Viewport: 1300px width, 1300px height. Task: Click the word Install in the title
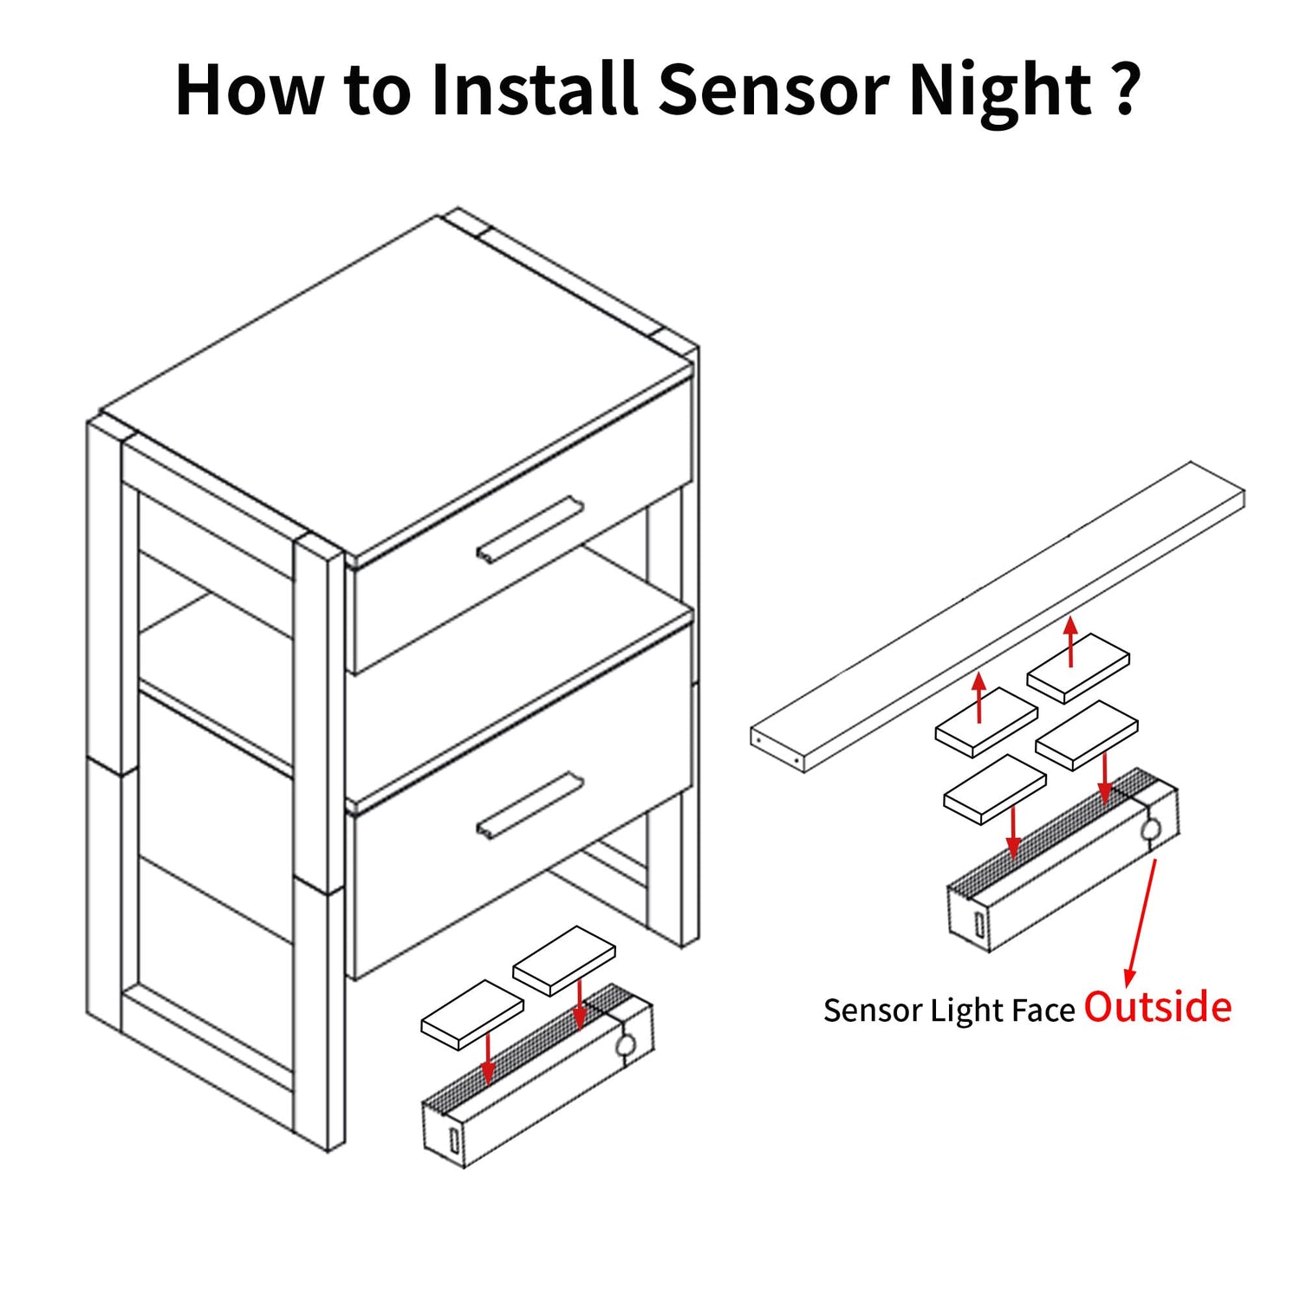(535, 89)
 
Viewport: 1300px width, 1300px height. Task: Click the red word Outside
(1158, 1007)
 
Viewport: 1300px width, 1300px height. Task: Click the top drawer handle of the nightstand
(529, 530)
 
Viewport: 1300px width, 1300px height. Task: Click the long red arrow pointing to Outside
(1141, 923)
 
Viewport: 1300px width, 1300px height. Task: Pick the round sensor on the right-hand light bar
(1151, 830)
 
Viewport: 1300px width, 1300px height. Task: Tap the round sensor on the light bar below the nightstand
(625, 1045)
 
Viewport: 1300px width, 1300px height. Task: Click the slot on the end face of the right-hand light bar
(979, 925)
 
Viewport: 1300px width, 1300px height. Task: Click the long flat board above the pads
(997, 616)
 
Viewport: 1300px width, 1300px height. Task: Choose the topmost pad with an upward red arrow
(1078, 667)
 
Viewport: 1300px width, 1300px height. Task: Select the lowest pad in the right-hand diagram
(994, 789)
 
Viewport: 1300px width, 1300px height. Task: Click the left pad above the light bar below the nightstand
(472, 1015)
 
